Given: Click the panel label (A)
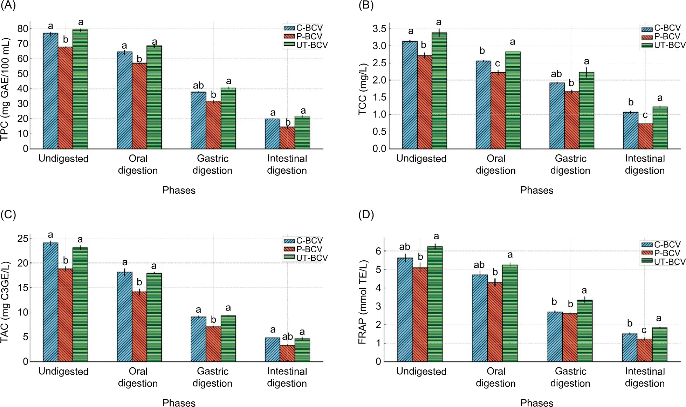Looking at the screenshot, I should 8,6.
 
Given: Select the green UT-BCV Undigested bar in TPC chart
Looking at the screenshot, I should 80,89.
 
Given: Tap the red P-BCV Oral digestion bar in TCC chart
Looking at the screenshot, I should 498,111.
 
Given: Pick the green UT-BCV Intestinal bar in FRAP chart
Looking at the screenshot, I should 659,345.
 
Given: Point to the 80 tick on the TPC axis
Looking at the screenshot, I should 23,29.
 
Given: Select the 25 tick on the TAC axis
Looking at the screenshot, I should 23,239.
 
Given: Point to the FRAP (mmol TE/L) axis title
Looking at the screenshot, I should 363,302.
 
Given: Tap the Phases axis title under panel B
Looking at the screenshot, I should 536,191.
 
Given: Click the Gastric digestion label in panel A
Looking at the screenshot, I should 212,165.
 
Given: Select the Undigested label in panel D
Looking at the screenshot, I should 421,372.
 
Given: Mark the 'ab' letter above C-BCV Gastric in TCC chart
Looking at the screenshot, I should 556,74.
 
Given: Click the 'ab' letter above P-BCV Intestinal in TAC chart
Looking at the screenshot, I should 287,337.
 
